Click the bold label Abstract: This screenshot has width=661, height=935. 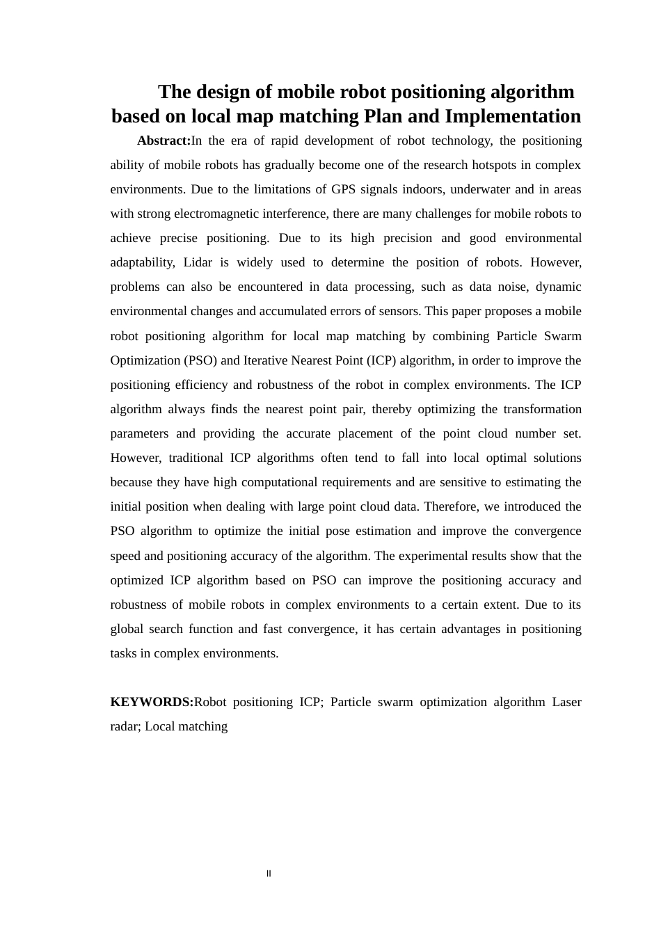(x=164, y=141)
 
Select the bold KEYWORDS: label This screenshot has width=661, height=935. (x=152, y=702)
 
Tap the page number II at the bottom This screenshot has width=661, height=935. (x=269, y=874)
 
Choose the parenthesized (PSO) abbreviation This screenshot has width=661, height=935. (x=201, y=360)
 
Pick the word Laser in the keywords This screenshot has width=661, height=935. (x=566, y=702)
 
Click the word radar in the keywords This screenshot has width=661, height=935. (x=125, y=726)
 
